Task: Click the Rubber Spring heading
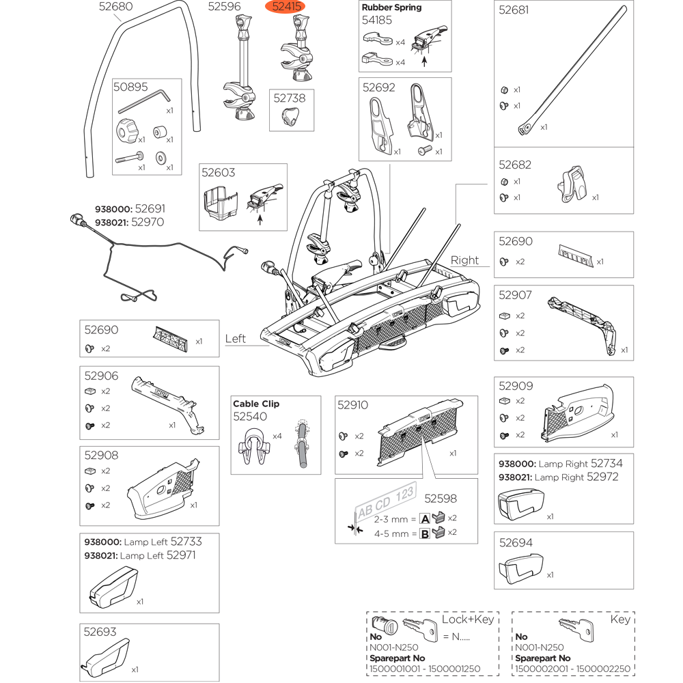[x=391, y=8]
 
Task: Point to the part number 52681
[x=514, y=11]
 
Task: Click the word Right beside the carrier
[x=465, y=260]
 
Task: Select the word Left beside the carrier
[x=236, y=339]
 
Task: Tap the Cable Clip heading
[x=256, y=404]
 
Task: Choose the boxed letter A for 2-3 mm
[x=424, y=518]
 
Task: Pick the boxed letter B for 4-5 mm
[x=424, y=533]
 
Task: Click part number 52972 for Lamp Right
[x=603, y=477]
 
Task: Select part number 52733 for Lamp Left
[x=186, y=542]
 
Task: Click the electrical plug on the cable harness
[x=76, y=220]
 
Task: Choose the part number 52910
[x=352, y=405]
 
